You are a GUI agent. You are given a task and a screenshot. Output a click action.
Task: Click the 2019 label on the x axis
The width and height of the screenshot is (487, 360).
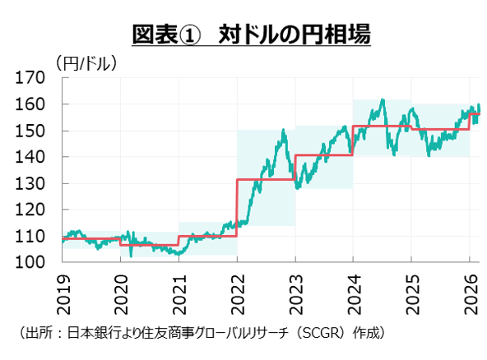(63, 289)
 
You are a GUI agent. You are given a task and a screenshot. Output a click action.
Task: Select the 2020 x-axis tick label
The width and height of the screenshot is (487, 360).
(122, 289)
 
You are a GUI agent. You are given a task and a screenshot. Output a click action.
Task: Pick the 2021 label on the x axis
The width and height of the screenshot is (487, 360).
(179, 289)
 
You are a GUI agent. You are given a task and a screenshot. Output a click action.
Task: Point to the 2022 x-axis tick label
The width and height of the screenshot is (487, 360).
(237, 289)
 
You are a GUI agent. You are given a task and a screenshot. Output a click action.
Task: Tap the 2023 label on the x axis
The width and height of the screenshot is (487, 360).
(295, 289)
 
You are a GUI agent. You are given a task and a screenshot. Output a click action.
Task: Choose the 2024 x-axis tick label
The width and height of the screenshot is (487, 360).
(353, 289)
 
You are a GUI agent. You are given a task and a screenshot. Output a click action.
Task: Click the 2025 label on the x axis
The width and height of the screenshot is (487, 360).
(410, 289)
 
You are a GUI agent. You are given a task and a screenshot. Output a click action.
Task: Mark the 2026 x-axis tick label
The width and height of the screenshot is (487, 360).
(469, 289)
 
